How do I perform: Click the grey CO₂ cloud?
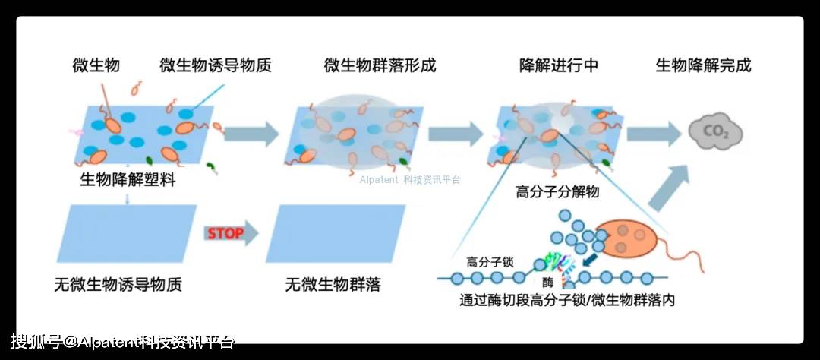tap(714, 134)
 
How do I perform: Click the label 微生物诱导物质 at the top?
tap(216, 65)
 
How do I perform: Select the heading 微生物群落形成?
tap(380, 65)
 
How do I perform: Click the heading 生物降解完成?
tap(703, 65)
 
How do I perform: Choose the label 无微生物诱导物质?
tap(118, 286)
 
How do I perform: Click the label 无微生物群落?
tap(333, 286)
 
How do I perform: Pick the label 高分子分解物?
tap(557, 191)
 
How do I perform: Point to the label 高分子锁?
tap(490, 261)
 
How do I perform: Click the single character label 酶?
tap(547, 283)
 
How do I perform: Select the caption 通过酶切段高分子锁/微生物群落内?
tap(568, 300)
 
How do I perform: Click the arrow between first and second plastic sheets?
tap(251, 134)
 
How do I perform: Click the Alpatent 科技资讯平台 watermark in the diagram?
tap(410, 180)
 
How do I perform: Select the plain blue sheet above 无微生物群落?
tap(333, 233)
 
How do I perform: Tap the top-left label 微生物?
tap(96, 65)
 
